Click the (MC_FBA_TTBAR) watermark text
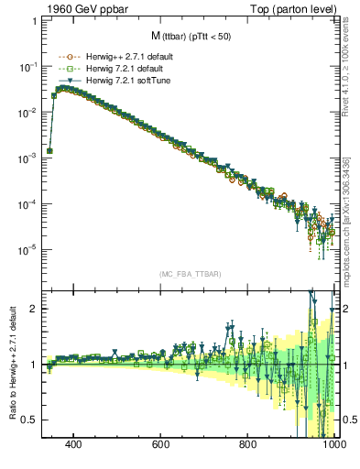tap(190, 274)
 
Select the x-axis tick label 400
tap(74, 444)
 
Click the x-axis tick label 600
tap(161, 444)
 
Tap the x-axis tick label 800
tap(248, 444)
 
